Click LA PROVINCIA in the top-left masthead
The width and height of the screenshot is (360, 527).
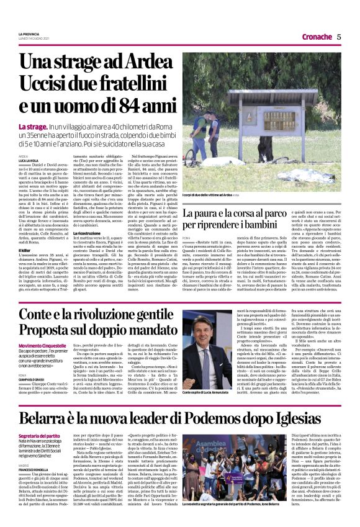pos(29,33)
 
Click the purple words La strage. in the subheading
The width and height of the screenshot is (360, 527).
pos(32,127)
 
